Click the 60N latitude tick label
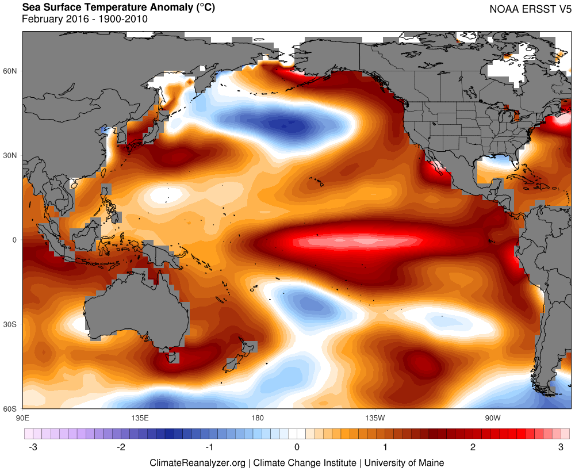(11, 71)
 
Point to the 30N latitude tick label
(11, 155)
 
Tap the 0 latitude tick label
(16, 240)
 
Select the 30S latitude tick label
(11, 324)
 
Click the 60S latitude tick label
(11, 409)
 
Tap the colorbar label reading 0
(297, 447)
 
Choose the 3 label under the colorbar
(560, 447)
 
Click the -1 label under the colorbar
(209, 447)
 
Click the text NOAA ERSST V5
(526, 9)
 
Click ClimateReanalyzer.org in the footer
(198, 462)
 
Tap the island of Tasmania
(171, 358)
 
